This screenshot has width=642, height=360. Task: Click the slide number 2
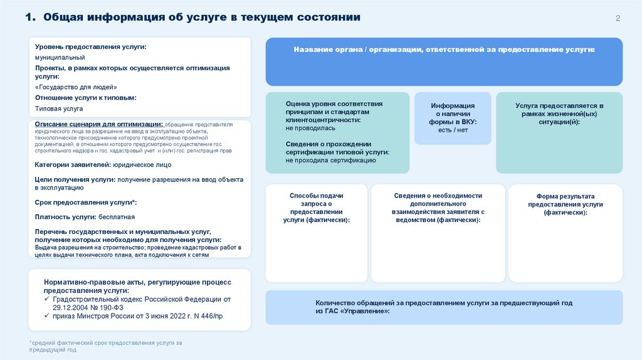coord(618,18)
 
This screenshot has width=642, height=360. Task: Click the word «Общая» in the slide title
coord(63,17)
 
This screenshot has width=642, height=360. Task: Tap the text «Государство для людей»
coord(76,87)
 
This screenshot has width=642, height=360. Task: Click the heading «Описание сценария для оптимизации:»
coord(99,124)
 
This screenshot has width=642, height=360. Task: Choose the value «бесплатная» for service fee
coord(117,217)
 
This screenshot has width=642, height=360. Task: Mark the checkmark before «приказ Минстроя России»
coord(48,316)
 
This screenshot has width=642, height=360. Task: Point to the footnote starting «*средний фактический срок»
coord(105,343)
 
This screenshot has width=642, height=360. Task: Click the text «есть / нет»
coord(453,130)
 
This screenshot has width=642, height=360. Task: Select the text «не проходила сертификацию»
coord(330,161)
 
